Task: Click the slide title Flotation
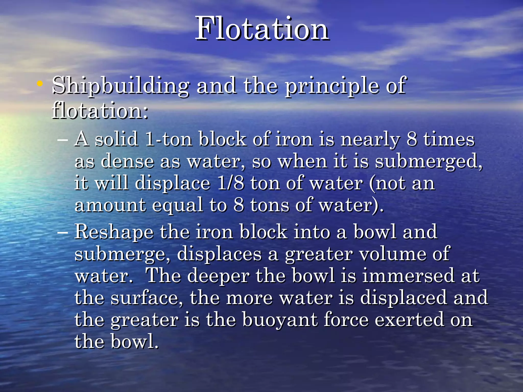(x=262, y=29)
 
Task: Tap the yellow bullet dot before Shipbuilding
(x=40, y=83)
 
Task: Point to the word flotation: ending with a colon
(x=100, y=111)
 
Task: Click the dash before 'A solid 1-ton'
(x=63, y=140)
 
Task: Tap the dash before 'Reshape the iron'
(x=63, y=232)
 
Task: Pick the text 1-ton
(x=169, y=139)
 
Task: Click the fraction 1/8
(x=231, y=183)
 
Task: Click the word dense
(x=127, y=162)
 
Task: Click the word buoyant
(x=280, y=320)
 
